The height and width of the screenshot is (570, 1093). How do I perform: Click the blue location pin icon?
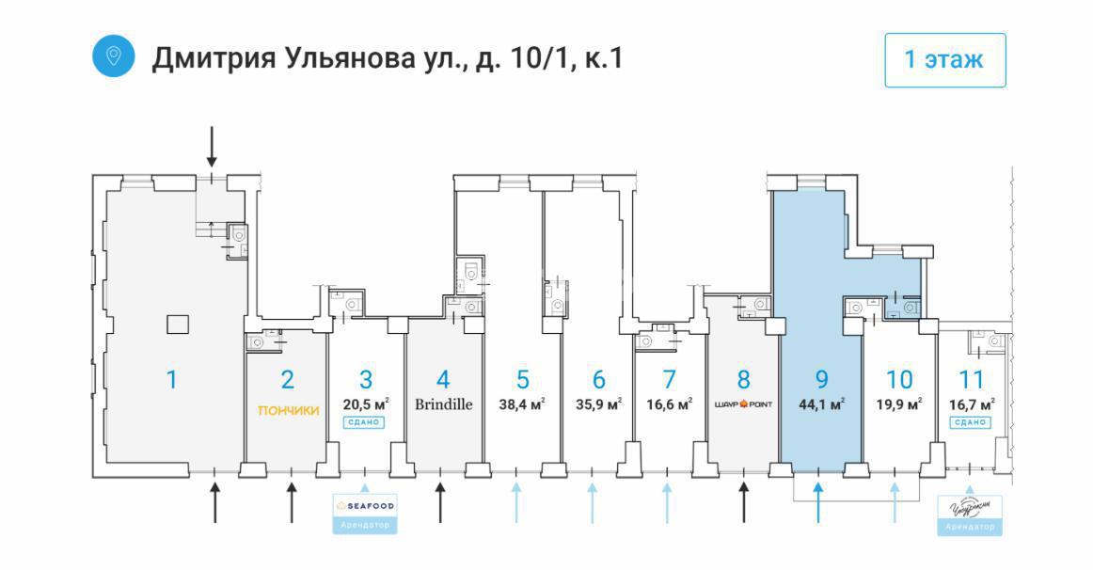tap(114, 55)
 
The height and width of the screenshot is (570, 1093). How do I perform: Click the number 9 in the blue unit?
tap(821, 380)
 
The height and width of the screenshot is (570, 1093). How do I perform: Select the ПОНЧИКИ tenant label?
tap(289, 410)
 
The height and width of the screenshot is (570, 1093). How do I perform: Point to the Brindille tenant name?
tap(443, 404)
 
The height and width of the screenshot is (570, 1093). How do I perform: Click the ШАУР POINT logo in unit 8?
tap(743, 405)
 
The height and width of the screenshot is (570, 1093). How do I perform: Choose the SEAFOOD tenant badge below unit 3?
tap(365, 513)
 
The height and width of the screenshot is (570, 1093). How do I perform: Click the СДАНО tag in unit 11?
tap(970, 422)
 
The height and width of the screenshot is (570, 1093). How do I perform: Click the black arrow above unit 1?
tap(212, 147)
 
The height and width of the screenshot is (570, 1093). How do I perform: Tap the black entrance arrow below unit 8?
tap(744, 501)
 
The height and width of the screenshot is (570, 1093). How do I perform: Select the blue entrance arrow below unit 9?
tap(818, 501)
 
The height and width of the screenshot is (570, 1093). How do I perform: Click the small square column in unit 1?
tap(177, 325)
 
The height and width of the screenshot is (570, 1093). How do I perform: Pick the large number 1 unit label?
tap(171, 380)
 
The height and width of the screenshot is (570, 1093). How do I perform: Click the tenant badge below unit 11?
tap(970, 515)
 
